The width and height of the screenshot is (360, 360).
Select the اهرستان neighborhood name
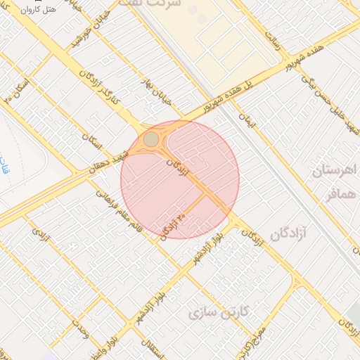click(336, 170)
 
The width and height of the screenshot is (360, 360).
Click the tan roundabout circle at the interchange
click(151, 139)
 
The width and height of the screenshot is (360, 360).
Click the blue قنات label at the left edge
click(6, 169)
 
